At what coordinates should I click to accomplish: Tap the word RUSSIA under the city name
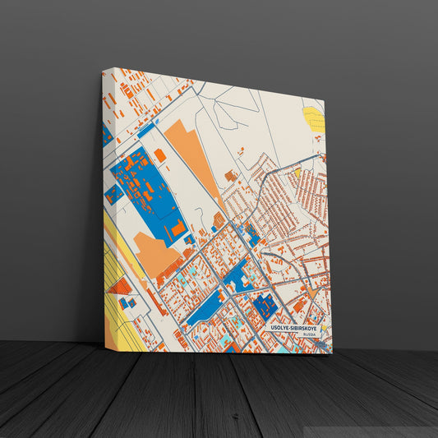pos(308,335)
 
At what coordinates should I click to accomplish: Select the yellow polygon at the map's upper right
pos(315,119)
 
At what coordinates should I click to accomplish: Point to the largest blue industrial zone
pos(149,192)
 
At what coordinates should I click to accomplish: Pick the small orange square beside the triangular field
pos(160,154)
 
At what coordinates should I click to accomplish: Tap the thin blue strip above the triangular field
pos(145,129)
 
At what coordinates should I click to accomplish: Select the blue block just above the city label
pos(265,307)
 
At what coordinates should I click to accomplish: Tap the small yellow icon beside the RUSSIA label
pos(322,329)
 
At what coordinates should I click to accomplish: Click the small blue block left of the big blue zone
pos(112,195)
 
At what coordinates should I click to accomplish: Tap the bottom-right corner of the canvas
pos(331,353)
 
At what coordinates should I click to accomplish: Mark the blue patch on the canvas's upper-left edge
pos(107,136)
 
